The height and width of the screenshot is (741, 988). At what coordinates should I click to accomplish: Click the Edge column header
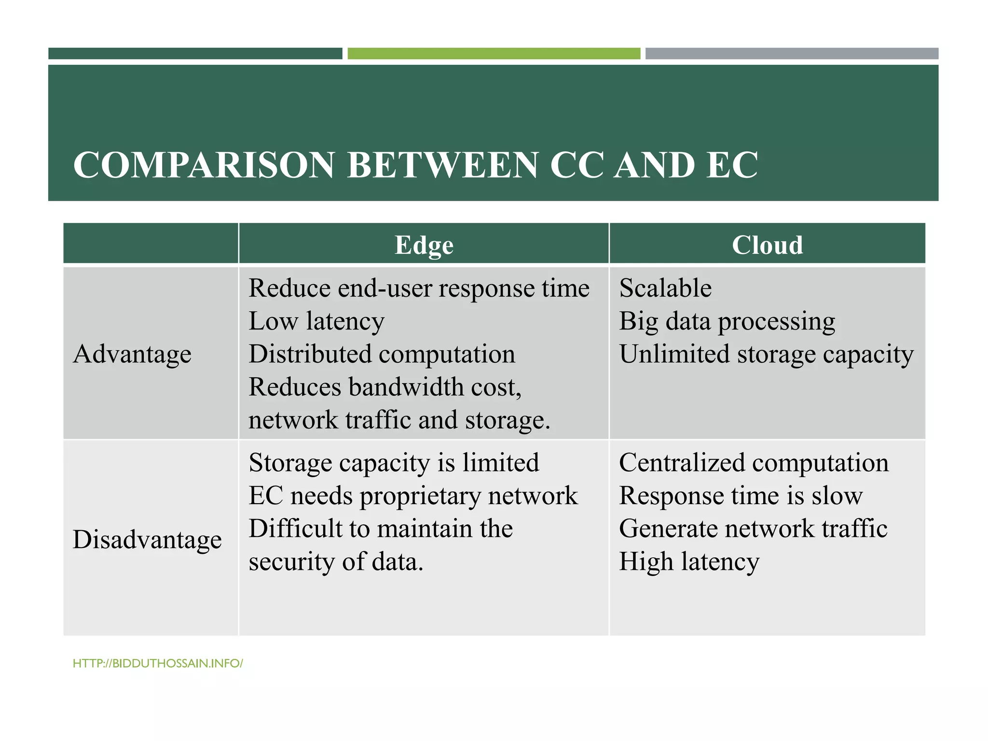tap(424, 245)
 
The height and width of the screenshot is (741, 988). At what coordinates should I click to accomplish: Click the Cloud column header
tap(767, 245)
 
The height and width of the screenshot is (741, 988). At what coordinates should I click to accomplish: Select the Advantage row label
tap(132, 354)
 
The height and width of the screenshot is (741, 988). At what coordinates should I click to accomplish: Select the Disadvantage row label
tap(147, 539)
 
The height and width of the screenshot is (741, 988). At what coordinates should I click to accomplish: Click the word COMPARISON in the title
tap(204, 165)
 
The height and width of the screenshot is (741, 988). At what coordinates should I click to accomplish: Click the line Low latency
tap(316, 321)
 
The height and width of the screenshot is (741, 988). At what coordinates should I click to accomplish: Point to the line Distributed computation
tap(382, 354)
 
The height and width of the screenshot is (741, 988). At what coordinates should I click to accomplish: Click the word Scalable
tap(665, 288)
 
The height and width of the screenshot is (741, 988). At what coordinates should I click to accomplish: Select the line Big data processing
tap(727, 321)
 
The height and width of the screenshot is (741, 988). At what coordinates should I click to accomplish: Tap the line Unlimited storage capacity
tap(766, 354)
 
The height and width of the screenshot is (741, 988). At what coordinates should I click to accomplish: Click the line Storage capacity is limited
tap(394, 463)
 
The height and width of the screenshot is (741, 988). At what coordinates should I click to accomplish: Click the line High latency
tap(689, 562)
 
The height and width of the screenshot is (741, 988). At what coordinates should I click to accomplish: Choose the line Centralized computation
tap(754, 463)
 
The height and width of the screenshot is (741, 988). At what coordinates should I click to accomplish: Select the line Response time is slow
tap(741, 496)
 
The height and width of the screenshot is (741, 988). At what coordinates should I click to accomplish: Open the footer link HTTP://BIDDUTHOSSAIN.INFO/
tap(158, 663)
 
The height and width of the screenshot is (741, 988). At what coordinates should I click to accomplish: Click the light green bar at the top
tap(494, 54)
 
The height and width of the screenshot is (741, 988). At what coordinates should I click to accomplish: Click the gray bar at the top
tap(792, 54)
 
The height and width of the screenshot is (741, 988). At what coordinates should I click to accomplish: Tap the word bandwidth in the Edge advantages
tap(406, 387)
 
